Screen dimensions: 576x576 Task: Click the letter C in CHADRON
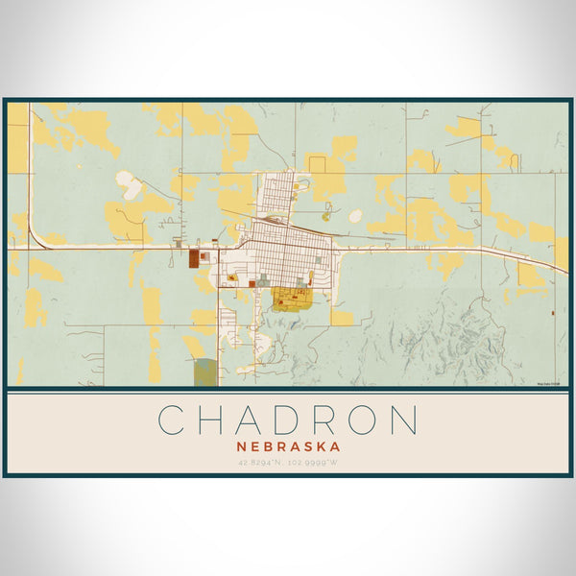[173, 420]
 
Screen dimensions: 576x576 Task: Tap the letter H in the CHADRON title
[215, 420]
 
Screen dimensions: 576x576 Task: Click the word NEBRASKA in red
[288, 445]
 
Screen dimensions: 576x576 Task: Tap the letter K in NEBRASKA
[324, 445]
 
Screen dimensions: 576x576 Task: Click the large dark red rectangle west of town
[195, 258]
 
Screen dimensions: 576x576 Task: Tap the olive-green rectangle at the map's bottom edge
[204, 372]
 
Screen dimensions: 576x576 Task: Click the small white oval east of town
[355, 216]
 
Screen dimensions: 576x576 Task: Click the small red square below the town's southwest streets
[251, 284]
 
